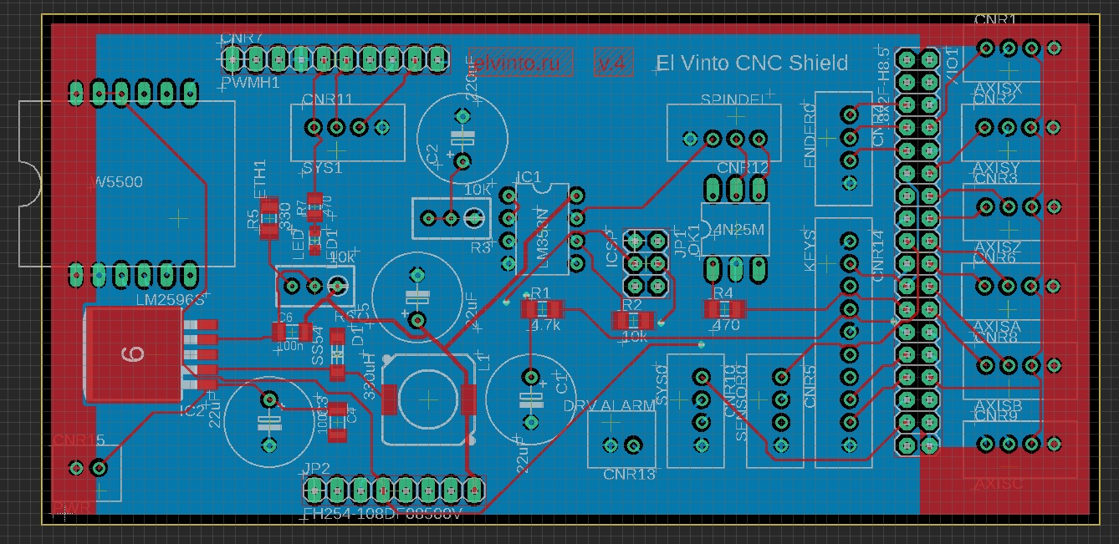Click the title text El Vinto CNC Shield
(x=752, y=63)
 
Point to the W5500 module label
(x=115, y=181)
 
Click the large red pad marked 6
(x=133, y=354)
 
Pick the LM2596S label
(x=170, y=298)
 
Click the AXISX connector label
(x=998, y=88)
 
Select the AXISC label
(x=998, y=484)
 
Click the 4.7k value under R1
(x=544, y=325)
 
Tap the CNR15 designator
(x=79, y=440)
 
